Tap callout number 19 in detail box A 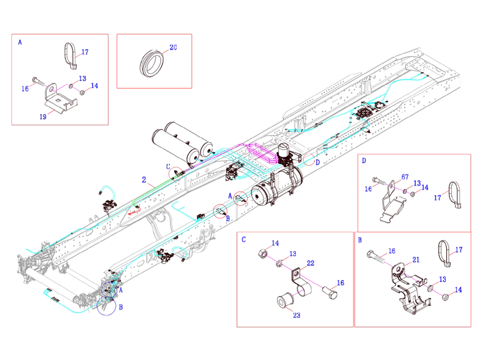point(43,116)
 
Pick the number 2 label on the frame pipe point(144,179)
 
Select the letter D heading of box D point(364,161)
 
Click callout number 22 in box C point(311,262)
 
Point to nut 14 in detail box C point(263,254)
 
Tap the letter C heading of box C point(244,239)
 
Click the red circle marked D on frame point(308,160)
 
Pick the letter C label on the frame point(169,166)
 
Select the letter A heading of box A point(20,43)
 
